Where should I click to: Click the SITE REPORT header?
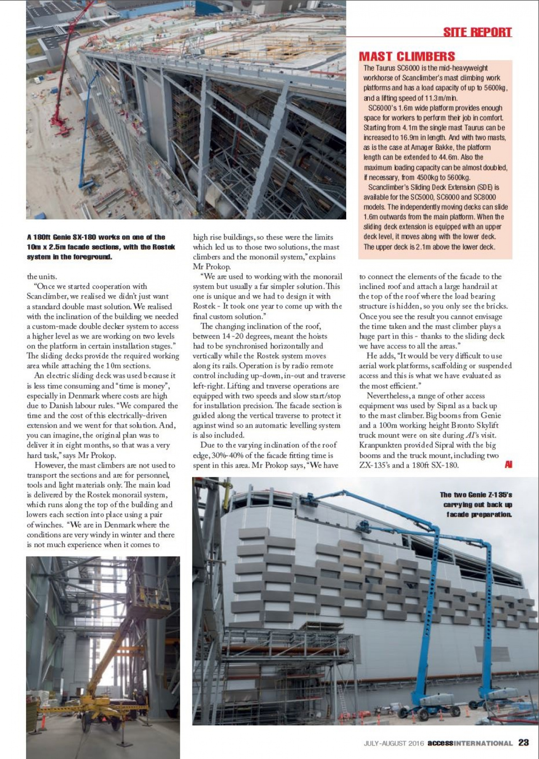coord(477,32)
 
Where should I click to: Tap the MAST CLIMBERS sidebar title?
coord(407,56)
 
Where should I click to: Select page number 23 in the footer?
coord(523,742)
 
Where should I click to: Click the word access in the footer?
coord(440,743)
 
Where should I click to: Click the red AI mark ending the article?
coord(508,465)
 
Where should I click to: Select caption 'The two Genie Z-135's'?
coord(476,495)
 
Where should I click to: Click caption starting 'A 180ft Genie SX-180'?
coord(96,237)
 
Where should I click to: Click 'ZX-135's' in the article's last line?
coord(374,465)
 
